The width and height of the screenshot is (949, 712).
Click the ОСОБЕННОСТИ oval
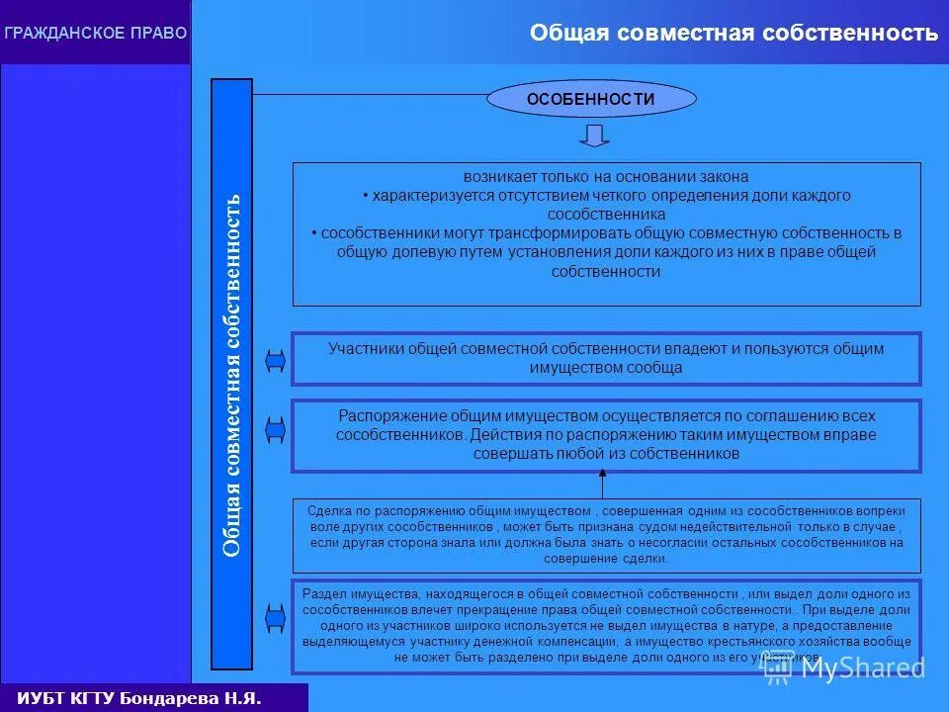[x=591, y=99]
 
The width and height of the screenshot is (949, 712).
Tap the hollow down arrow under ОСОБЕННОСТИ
[x=594, y=135]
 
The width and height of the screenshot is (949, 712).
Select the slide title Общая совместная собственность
[x=733, y=33]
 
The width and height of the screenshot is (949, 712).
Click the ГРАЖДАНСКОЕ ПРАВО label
[x=95, y=33]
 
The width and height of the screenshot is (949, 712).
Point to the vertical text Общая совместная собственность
[x=232, y=374]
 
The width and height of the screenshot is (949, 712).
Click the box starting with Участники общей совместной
[x=606, y=358]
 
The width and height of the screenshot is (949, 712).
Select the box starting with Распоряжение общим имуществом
[x=606, y=435]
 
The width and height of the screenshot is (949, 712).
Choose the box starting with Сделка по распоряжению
[x=606, y=535]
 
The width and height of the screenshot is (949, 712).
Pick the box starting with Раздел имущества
[x=606, y=624]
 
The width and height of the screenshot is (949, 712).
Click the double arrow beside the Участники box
[x=275, y=361]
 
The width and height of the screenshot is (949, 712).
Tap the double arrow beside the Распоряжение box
[x=275, y=429]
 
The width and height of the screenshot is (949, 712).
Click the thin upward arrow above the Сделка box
[x=602, y=485]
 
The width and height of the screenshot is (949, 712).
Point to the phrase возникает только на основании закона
[x=606, y=176]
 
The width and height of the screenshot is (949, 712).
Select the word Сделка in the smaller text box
[x=325, y=510]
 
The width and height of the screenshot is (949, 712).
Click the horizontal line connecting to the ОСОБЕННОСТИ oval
[x=370, y=95]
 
